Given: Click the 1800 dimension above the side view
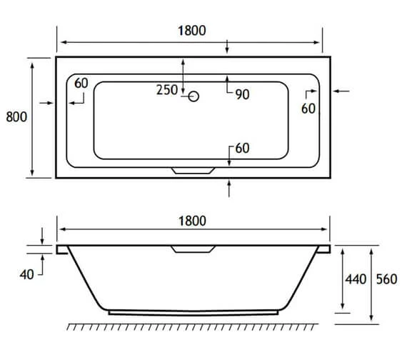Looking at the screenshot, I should click(x=191, y=220).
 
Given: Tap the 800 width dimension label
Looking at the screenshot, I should click(x=16, y=117).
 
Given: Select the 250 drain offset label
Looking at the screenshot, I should click(x=168, y=90).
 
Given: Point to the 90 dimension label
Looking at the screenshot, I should click(x=241, y=94).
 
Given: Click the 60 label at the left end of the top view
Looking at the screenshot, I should click(x=81, y=84).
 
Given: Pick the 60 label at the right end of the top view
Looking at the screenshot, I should click(x=308, y=109).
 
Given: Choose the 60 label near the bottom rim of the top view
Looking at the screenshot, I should click(x=241, y=149).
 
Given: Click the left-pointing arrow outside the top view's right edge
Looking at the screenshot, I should click(x=341, y=91).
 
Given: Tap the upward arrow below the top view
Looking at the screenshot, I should click(x=228, y=188).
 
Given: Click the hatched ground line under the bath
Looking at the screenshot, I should click(x=191, y=327).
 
